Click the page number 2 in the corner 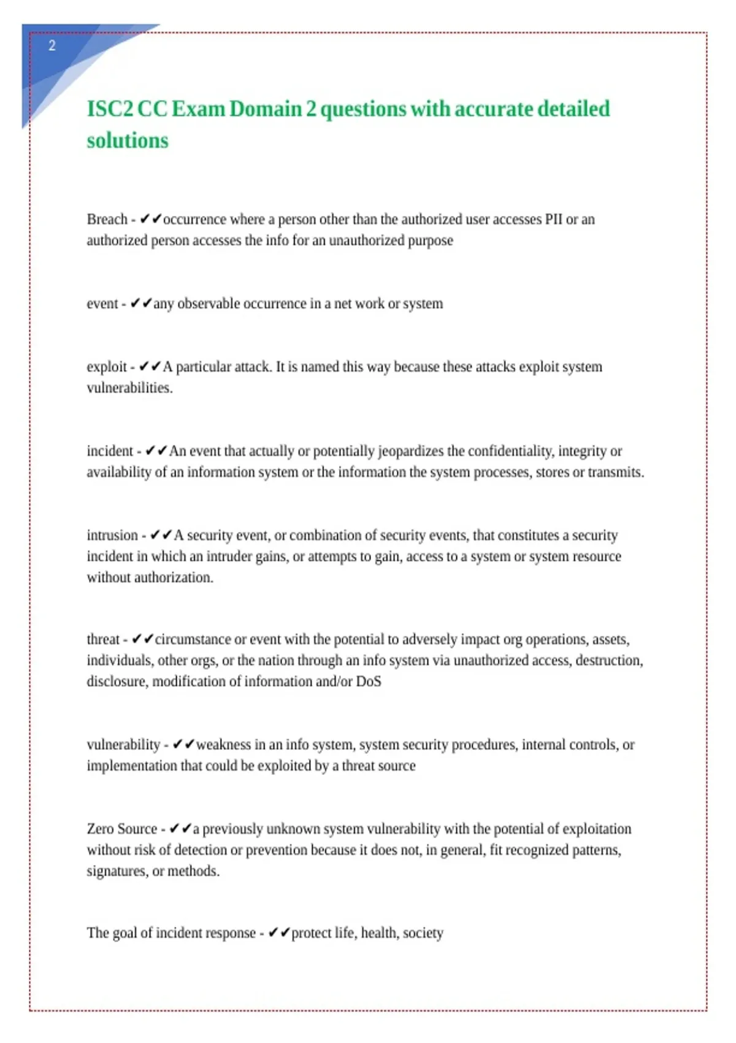coord(52,45)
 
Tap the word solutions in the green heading coord(127,140)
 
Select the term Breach coord(107,220)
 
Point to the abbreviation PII coord(553,220)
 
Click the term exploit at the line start coord(106,367)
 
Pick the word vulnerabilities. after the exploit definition coord(129,388)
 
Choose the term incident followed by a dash coord(110,451)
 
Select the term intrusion coord(112,535)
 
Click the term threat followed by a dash coord(103,639)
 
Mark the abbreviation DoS coord(369,682)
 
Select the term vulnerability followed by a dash coord(123,745)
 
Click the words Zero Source coord(122,829)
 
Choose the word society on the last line coord(423,933)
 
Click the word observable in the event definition coord(209,304)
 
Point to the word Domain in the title coord(266,109)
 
